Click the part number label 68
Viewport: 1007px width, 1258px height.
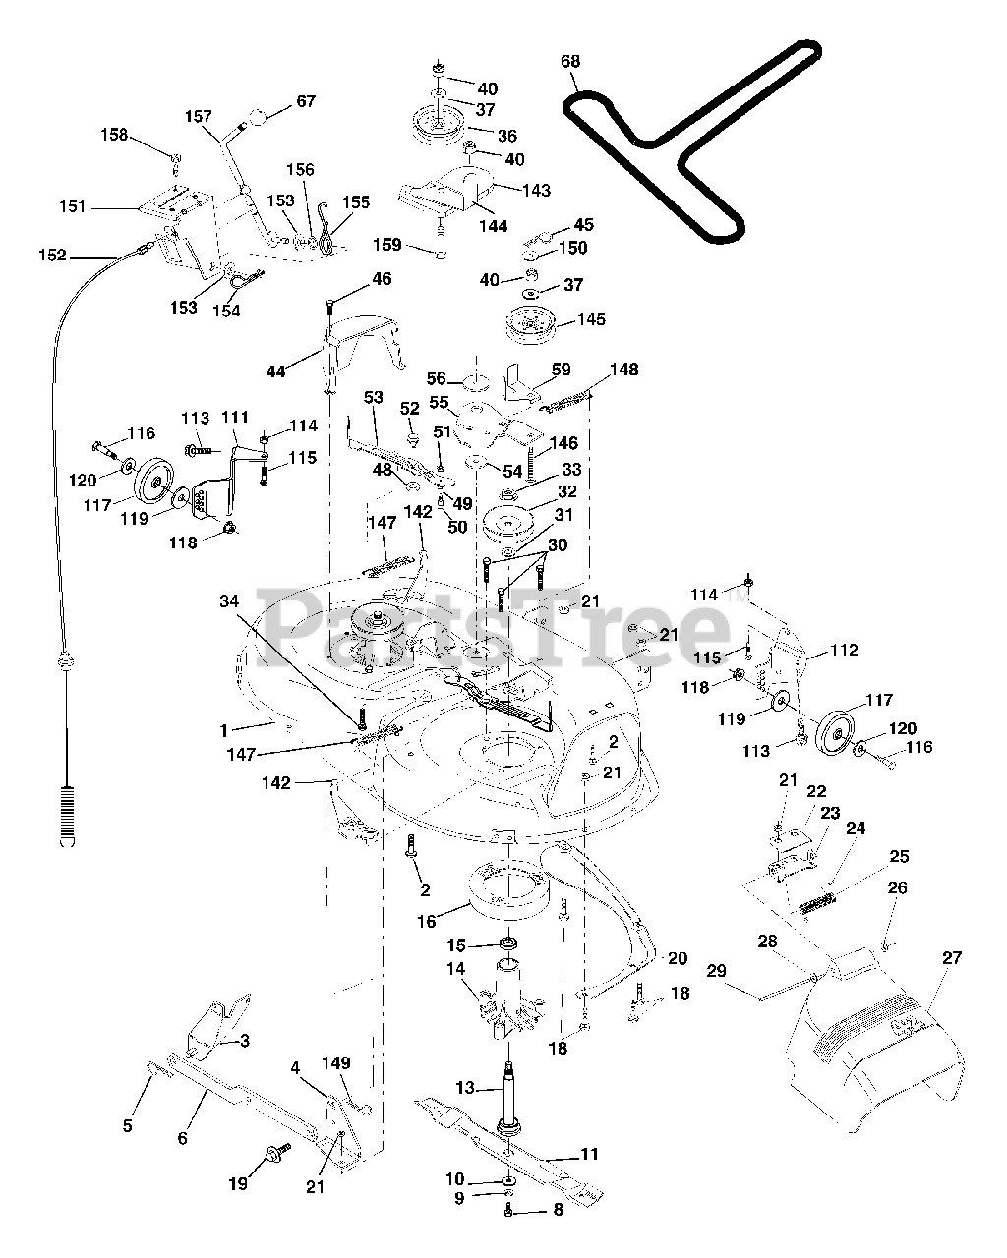(570, 61)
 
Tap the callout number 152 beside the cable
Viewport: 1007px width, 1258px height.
(53, 256)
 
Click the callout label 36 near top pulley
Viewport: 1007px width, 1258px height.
(507, 136)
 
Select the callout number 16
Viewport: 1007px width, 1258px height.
(427, 922)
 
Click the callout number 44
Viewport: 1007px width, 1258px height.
(275, 372)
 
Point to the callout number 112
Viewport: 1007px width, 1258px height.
(844, 650)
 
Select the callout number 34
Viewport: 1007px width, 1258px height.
(229, 600)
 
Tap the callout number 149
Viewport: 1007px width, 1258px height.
(336, 1062)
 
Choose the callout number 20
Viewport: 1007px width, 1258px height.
(678, 958)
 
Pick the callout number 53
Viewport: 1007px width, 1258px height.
(373, 397)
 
